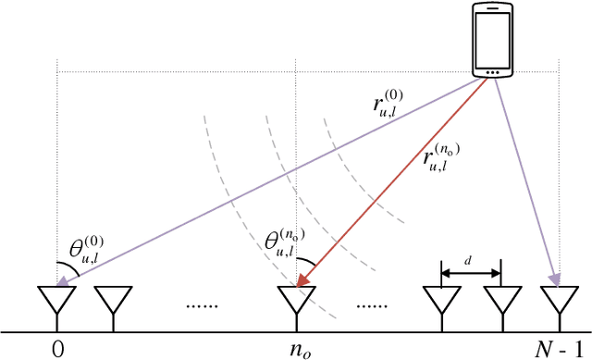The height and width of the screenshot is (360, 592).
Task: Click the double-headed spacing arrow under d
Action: (471, 273)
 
